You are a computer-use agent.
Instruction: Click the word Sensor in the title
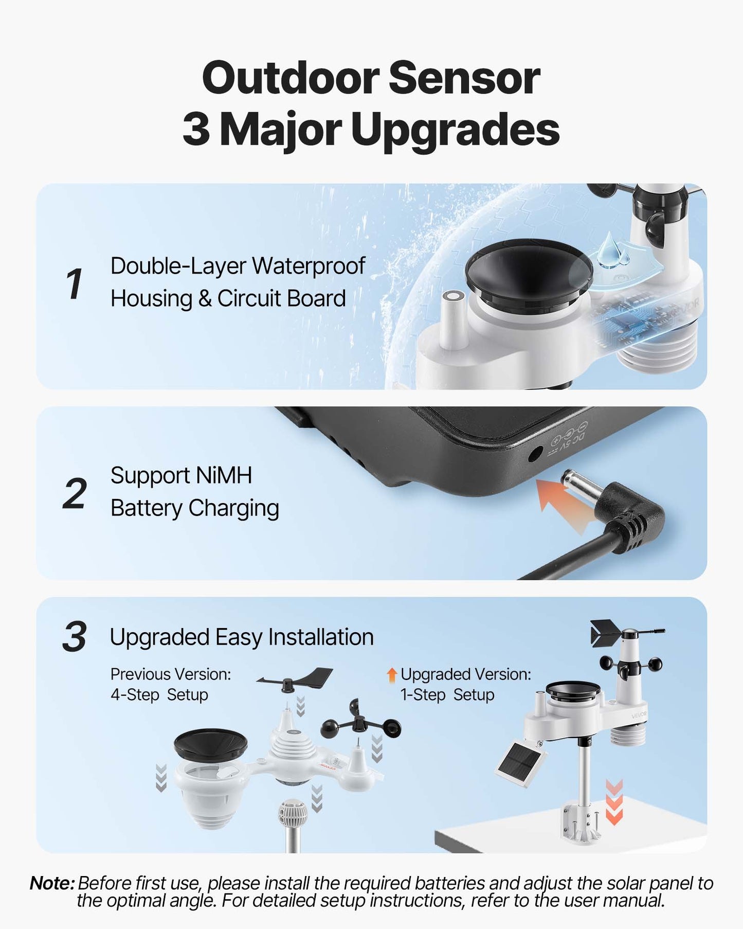(x=463, y=78)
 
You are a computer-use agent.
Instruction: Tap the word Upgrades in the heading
(x=456, y=131)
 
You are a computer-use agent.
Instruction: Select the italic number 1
(x=75, y=283)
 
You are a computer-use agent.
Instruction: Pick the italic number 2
(x=75, y=494)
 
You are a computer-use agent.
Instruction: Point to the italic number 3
(x=75, y=637)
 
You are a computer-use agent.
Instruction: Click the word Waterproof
(x=309, y=266)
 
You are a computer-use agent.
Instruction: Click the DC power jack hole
(x=535, y=453)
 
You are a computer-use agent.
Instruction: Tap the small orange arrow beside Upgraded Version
(x=392, y=675)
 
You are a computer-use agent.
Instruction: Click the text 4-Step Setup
(x=159, y=695)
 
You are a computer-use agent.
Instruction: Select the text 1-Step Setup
(x=447, y=695)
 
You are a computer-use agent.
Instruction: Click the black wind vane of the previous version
(x=296, y=679)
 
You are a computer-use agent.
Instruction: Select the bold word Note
(x=52, y=883)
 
